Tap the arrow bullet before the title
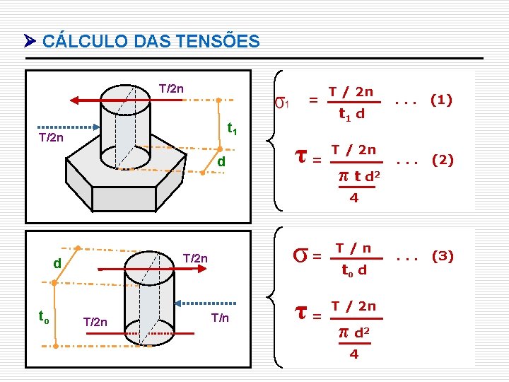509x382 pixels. pos(29,42)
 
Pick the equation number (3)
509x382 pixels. pos(442,255)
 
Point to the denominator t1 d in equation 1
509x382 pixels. pos(351,114)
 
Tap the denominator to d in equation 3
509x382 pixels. pos(353,270)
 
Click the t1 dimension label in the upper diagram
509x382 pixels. pos(230,130)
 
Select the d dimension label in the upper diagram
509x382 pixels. pos(221,163)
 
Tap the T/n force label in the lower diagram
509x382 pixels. pos(220,318)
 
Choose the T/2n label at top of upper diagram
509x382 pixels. pos(172,89)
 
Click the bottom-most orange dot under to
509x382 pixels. pos(54,346)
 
